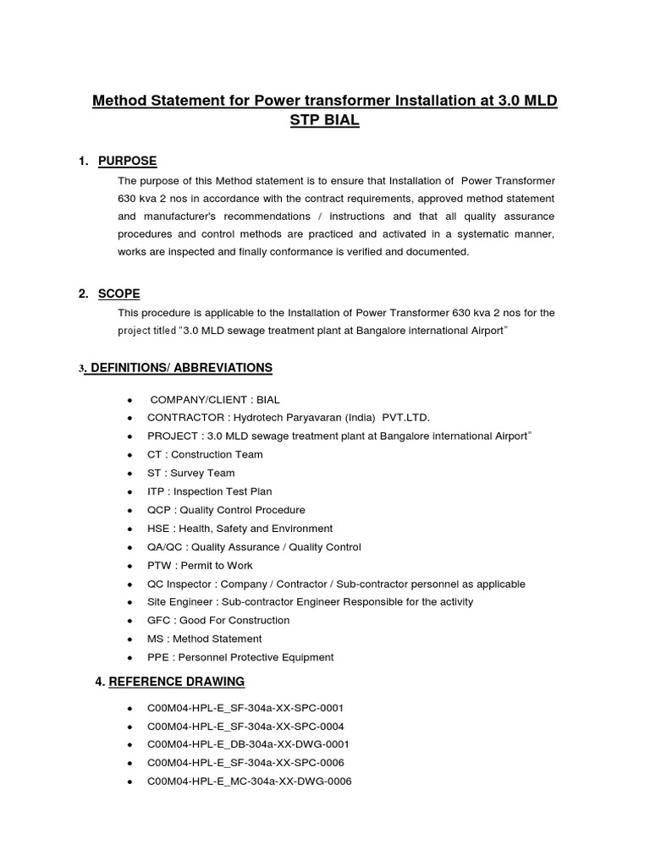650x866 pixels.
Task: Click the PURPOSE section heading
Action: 127,162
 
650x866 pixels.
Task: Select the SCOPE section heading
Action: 119,293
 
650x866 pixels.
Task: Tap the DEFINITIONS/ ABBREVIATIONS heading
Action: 179,368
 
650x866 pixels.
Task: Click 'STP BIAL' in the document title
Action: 324,121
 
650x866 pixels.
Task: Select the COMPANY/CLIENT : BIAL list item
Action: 214,399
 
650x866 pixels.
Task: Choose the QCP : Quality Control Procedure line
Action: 226,510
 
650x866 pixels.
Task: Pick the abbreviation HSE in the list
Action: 158,529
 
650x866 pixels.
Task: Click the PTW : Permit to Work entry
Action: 200,566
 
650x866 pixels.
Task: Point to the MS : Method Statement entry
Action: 204,639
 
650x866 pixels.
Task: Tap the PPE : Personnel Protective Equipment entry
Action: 240,657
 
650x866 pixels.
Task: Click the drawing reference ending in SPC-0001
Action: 245,708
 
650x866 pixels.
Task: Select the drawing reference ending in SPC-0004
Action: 245,726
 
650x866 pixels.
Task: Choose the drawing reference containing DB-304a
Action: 248,744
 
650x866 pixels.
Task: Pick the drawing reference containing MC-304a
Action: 249,781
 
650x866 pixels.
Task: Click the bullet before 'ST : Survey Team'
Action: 129,474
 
